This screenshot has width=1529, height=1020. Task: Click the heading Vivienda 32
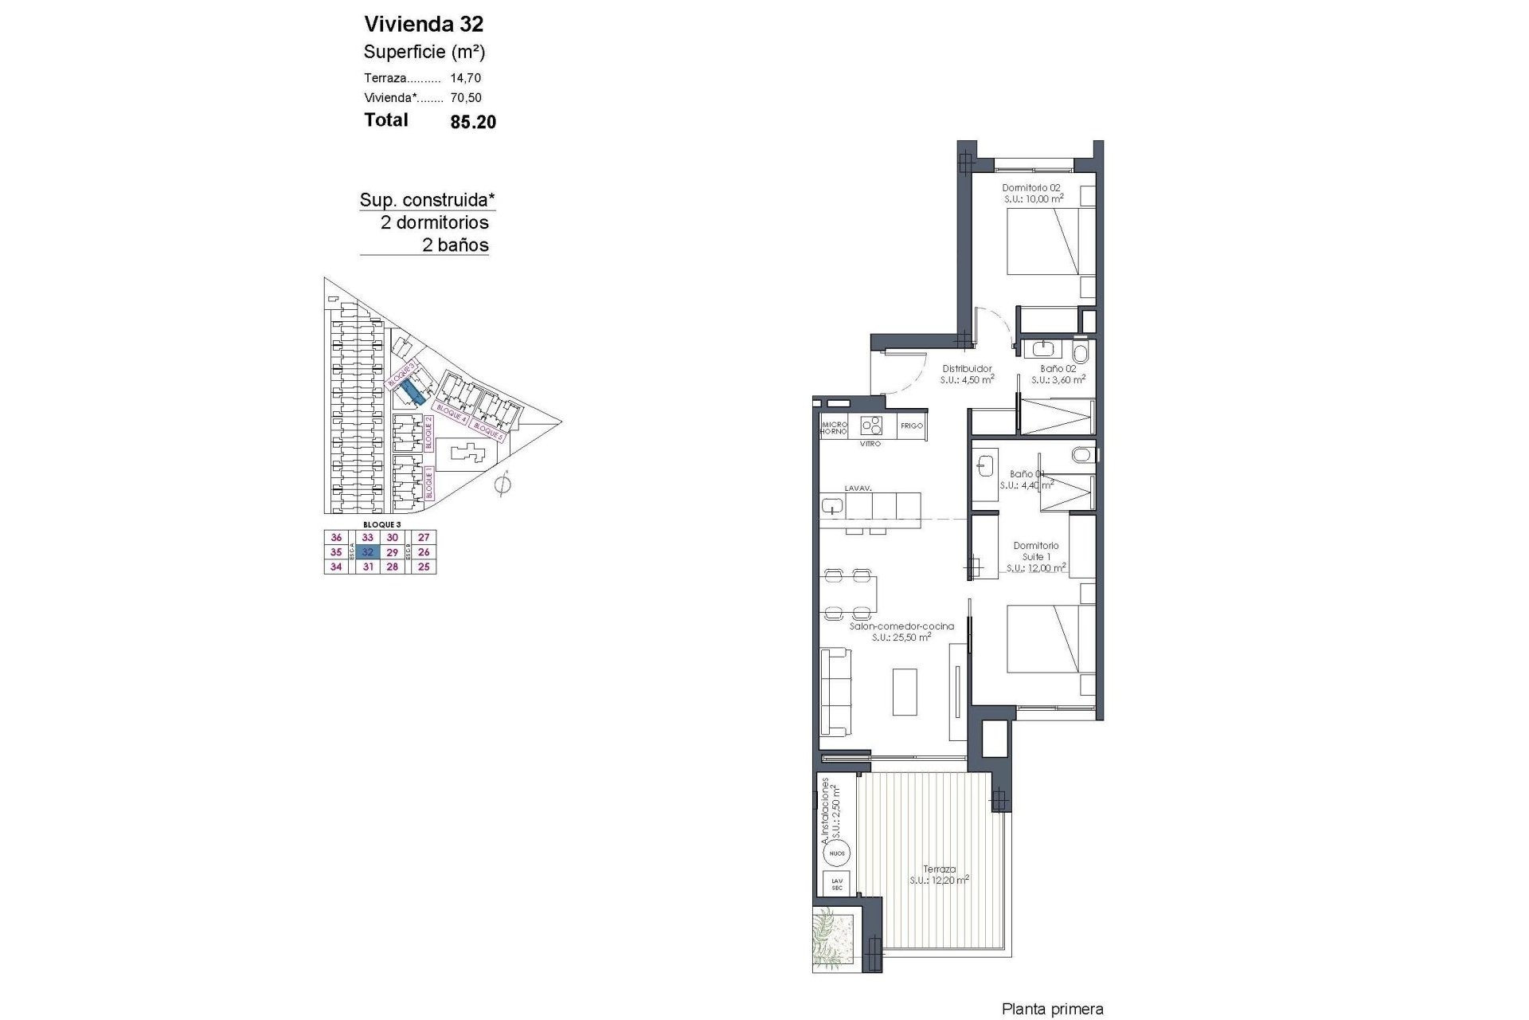[x=423, y=23]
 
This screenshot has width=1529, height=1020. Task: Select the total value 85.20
[x=473, y=122]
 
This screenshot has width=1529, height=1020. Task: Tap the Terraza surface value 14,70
[x=465, y=78]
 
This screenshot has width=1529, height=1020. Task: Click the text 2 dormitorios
[x=434, y=222]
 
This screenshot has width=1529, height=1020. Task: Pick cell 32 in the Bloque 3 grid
[x=367, y=552]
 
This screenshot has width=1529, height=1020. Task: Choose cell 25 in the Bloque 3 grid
[x=424, y=567]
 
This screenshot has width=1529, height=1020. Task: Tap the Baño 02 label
[x=1058, y=369]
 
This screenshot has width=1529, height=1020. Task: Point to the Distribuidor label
[x=967, y=369]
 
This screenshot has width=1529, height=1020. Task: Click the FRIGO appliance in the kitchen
[x=911, y=426]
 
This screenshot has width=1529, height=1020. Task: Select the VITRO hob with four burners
[x=873, y=425]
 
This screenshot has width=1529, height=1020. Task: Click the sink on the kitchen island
[x=832, y=505]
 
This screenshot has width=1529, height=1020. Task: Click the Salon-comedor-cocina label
[x=901, y=626]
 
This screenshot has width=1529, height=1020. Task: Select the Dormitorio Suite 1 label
[x=1035, y=551]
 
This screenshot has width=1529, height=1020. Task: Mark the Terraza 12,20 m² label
[x=940, y=874]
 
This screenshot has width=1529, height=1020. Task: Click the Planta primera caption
[x=1052, y=1010]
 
